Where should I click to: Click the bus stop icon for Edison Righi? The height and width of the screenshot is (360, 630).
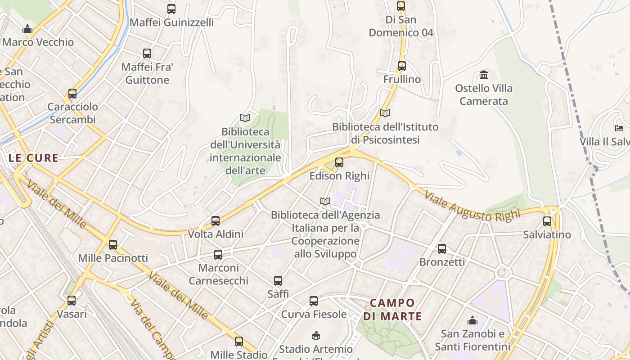click(x=339, y=162)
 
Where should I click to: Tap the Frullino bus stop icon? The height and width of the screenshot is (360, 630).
click(x=402, y=66)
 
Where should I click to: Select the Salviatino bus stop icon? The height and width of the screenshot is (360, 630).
click(x=547, y=221)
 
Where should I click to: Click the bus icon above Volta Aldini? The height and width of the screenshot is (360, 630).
click(x=216, y=221)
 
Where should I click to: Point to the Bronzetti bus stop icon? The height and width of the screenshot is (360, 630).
click(x=442, y=249)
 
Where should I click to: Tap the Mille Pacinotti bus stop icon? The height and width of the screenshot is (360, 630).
click(x=113, y=245)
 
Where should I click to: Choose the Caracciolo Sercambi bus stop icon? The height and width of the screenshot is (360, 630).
click(x=72, y=94)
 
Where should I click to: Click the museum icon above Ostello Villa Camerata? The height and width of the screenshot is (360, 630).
click(x=484, y=75)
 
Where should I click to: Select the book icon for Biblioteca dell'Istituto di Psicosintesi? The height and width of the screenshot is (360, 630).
click(x=385, y=113)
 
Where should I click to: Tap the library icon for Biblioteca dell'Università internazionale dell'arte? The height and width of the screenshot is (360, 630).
click(x=245, y=118)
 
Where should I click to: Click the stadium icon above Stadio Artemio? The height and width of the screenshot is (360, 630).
click(x=316, y=336)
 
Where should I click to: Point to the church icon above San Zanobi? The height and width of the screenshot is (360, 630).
click(x=472, y=320)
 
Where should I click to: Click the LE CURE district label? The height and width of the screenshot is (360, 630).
click(x=33, y=158)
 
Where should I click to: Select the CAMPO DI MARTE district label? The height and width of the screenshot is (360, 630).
click(x=392, y=310)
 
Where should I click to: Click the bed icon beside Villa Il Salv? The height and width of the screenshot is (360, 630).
click(x=619, y=128)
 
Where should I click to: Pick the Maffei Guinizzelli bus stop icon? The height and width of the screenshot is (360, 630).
click(x=171, y=9)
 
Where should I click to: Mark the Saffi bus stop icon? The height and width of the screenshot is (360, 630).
click(x=278, y=281)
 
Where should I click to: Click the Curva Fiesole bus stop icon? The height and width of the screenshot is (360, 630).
click(x=314, y=301)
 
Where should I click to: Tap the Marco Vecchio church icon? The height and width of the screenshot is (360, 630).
click(x=28, y=29)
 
